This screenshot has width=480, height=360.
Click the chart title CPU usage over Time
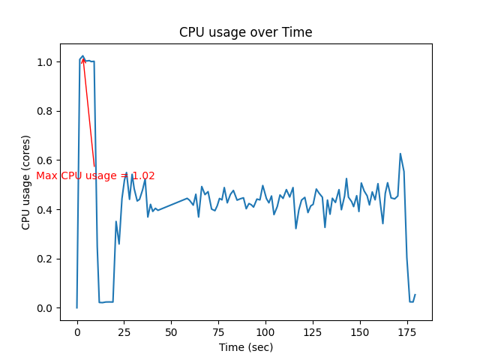[245, 32]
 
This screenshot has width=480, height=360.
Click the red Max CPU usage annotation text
[95, 176]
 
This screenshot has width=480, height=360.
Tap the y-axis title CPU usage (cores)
[26, 182]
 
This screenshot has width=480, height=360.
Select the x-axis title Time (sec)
[245, 347]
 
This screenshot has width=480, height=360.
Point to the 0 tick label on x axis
[76, 331]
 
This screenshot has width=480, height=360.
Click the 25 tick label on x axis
[124, 331]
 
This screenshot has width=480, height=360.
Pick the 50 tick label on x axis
[171, 331]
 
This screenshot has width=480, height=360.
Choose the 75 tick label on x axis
[218, 331]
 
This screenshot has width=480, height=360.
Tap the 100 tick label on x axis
[265, 331]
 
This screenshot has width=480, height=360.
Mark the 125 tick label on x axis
[313, 331]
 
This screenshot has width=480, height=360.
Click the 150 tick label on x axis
[360, 331]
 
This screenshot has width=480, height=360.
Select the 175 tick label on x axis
[407, 331]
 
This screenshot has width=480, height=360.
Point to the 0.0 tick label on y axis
[46, 308]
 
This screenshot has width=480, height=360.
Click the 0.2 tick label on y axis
[46, 259]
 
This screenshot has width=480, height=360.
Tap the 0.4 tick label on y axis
[46, 209]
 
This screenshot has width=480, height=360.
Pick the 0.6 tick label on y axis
[46, 160]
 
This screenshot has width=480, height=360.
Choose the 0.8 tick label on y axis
[46, 111]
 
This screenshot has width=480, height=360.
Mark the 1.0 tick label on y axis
[46, 62]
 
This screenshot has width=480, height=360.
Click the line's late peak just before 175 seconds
[400, 154]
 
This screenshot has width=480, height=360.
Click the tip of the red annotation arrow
[82, 58]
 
